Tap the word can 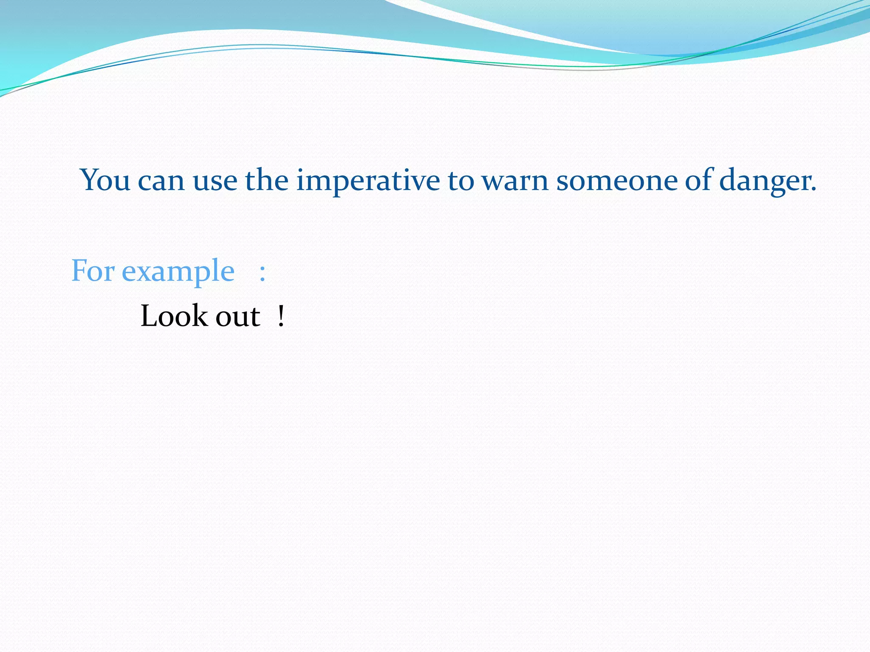click(161, 182)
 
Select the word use click(215, 182)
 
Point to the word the click(266, 180)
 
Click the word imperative click(368, 182)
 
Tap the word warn click(515, 182)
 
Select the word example click(178, 273)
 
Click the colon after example click(263, 273)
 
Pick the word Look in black click(173, 316)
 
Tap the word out click(238, 317)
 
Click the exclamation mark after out click(281, 317)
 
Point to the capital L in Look click(149, 316)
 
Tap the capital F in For click(79, 270)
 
